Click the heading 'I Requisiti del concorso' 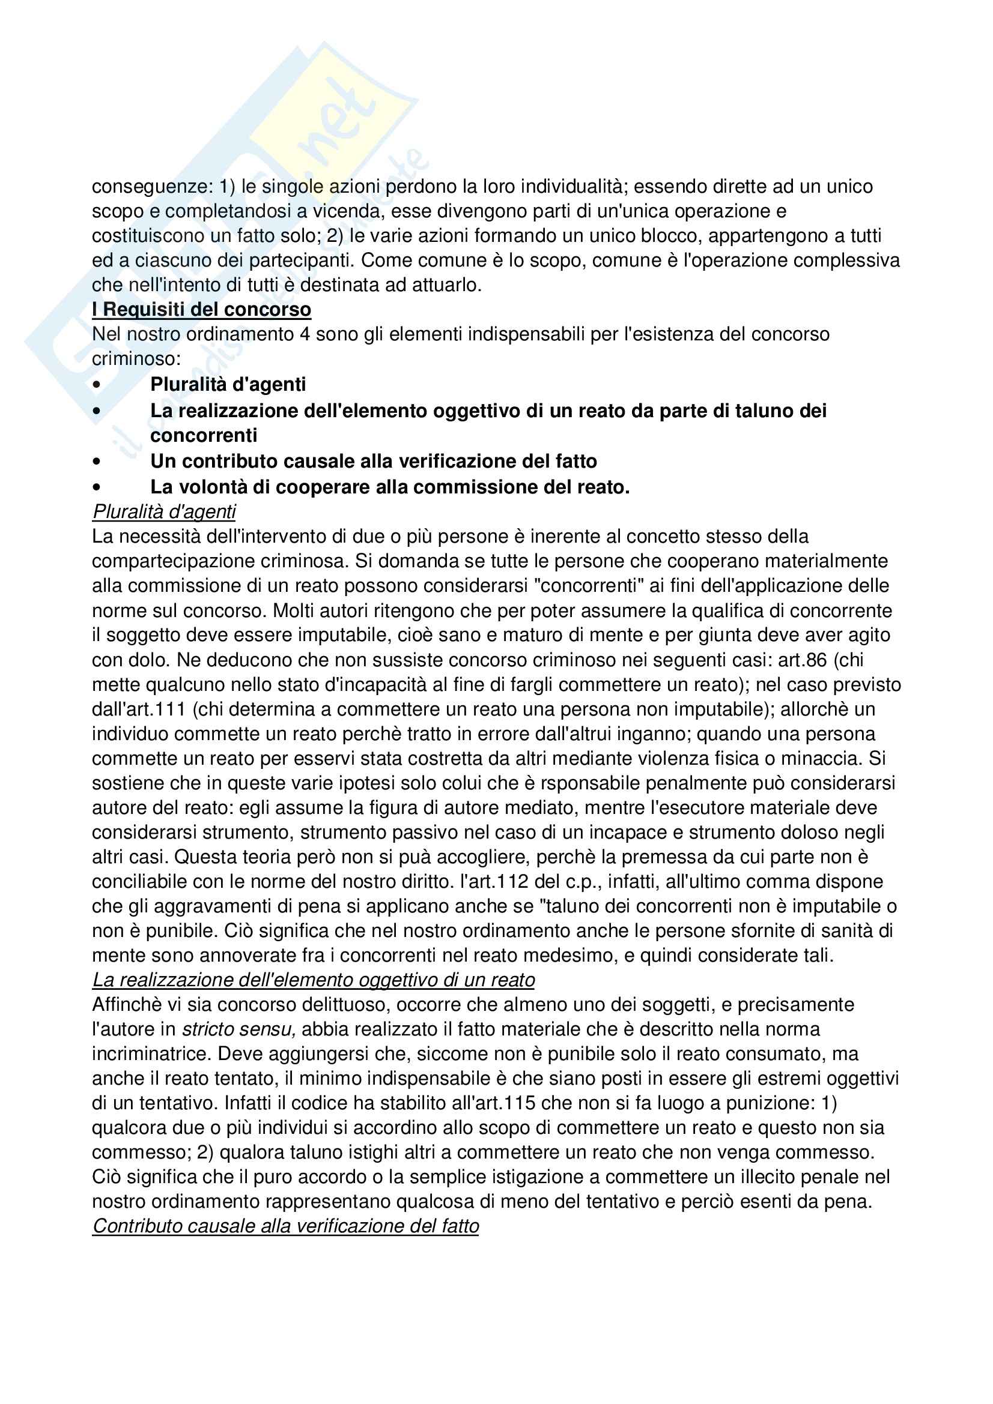point(201,309)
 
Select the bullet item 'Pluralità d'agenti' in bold point(228,384)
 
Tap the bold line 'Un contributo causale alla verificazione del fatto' point(373,460)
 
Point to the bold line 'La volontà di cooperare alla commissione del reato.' point(390,487)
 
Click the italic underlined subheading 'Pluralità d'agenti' point(163,511)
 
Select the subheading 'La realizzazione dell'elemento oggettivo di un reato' point(313,980)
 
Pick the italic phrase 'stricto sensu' point(239,1029)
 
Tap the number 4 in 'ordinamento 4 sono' point(304,334)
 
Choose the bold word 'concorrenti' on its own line point(204,435)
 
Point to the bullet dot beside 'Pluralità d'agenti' point(97,385)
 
